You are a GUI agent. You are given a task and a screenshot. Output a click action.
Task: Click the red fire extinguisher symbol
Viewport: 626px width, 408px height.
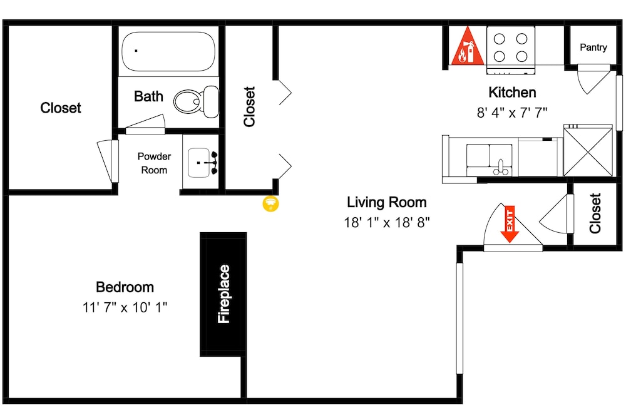(468, 46)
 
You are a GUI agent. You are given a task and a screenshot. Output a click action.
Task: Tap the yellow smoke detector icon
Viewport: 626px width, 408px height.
(270, 203)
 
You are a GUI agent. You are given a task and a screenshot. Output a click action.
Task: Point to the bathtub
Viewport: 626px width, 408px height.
(168, 51)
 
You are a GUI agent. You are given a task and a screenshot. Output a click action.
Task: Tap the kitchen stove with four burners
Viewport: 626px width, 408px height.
(511, 50)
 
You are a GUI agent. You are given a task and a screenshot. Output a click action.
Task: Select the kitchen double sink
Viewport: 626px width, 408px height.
(490, 160)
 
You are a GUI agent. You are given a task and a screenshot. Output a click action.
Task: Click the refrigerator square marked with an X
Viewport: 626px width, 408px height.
(588, 150)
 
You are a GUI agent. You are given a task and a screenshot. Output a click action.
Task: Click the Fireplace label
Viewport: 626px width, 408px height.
(224, 294)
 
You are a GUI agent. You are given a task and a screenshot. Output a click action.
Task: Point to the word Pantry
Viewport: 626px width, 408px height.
(593, 48)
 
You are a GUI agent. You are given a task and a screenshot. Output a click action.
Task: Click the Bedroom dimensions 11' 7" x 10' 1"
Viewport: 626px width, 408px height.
(125, 307)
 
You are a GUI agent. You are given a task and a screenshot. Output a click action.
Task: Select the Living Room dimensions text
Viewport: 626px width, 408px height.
(387, 222)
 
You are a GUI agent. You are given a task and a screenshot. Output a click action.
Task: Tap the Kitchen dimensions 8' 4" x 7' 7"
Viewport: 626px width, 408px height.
(512, 113)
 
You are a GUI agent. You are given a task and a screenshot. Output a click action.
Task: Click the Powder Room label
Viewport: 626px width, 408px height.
(154, 163)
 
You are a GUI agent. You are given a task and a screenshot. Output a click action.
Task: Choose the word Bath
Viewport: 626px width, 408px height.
(148, 96)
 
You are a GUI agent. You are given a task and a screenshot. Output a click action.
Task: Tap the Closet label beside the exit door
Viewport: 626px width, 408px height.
(595, 213)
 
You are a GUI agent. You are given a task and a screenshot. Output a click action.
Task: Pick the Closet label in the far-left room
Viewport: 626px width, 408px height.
(61, 108)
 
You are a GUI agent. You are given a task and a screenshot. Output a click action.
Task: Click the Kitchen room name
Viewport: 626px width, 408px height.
(512, 92)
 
